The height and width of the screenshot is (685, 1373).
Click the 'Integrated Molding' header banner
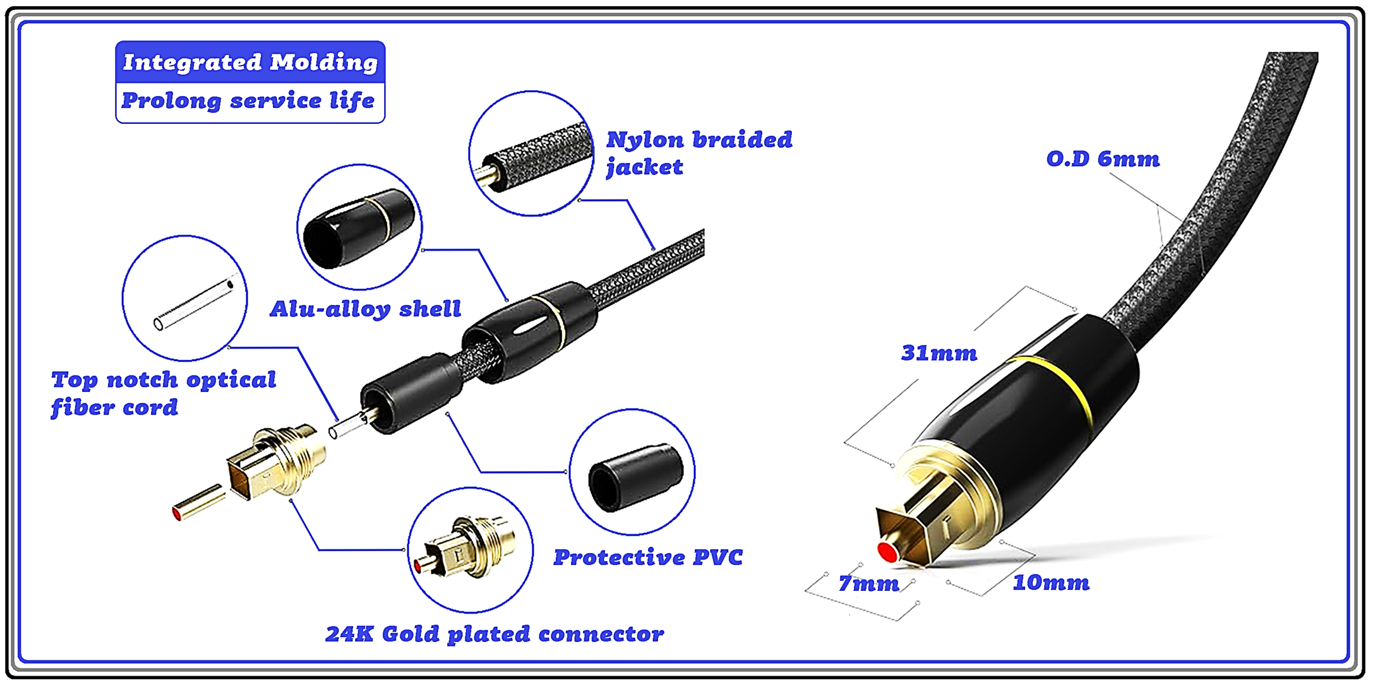coord(250,62)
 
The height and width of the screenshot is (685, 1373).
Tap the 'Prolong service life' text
coord(248,100)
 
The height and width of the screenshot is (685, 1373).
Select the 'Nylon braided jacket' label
coord(698,153)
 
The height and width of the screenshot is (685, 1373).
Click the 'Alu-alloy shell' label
coord(366,309)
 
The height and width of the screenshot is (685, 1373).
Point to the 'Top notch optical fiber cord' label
coord(164,393)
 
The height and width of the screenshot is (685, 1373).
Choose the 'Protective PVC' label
coord(648,557)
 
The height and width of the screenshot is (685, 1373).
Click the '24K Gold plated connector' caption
coord(495,633)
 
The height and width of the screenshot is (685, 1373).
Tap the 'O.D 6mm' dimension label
coord(1103,158)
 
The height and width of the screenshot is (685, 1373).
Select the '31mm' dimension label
coord(939,352)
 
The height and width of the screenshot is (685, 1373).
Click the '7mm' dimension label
coord(869,583)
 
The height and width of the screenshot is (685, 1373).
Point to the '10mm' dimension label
coord(1051,582)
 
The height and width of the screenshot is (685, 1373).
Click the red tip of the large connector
coord(888,552)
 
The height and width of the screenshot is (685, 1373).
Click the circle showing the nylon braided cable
coord(532,153)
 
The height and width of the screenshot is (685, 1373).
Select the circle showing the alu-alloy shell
coord(359,227)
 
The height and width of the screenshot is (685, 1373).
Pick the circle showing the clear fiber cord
coord(184,298)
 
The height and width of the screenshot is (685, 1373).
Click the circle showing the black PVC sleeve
coord(632,472)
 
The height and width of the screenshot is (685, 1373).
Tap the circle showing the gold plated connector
coord(470,550)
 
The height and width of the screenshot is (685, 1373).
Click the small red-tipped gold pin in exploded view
coord(198,503)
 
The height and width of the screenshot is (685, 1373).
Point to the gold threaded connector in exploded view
coord(278,461)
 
